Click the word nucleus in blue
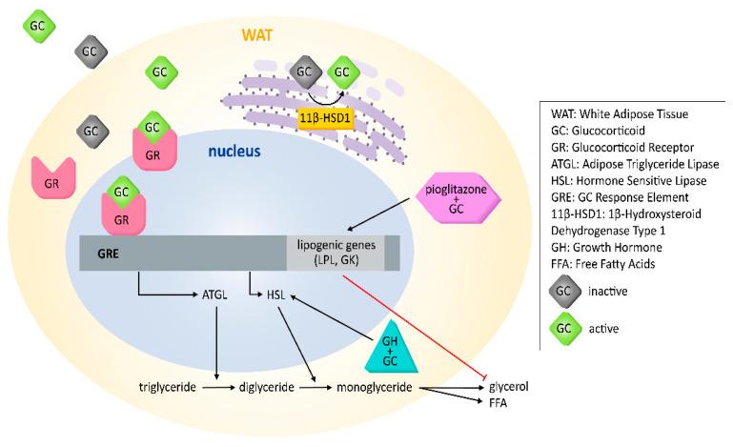tap(234, 151)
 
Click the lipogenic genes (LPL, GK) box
tap(336, 252)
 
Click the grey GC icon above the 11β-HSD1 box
tap(305, 71)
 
